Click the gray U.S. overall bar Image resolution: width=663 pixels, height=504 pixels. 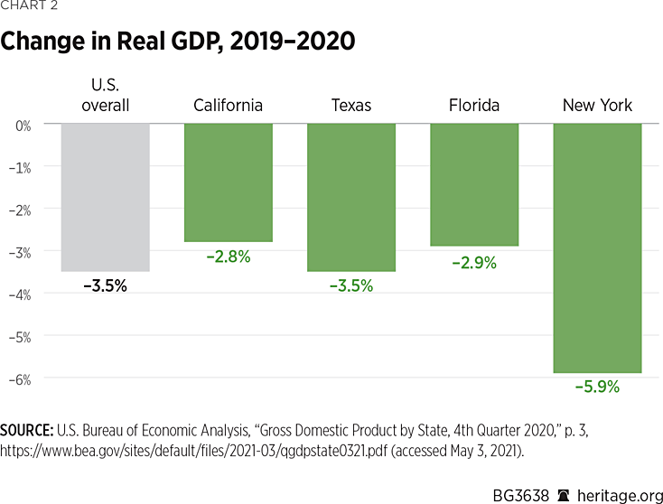[105, 197]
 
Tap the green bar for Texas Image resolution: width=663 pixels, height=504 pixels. [351, 197]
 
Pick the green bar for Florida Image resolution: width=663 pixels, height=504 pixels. [474, 184]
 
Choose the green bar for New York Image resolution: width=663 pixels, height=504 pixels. [597, 247]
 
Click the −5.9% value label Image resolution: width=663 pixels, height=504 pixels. [597, 387]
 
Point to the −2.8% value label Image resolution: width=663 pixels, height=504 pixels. [228, 257]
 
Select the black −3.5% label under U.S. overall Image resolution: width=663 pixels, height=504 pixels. [105, 287]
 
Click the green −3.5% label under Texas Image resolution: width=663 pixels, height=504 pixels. [351, 287]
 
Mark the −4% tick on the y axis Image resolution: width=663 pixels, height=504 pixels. [20, 294]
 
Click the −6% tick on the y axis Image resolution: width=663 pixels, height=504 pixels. [20, 378]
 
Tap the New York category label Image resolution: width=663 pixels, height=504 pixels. [597, 106]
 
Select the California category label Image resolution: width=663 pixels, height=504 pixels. [228, 106]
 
